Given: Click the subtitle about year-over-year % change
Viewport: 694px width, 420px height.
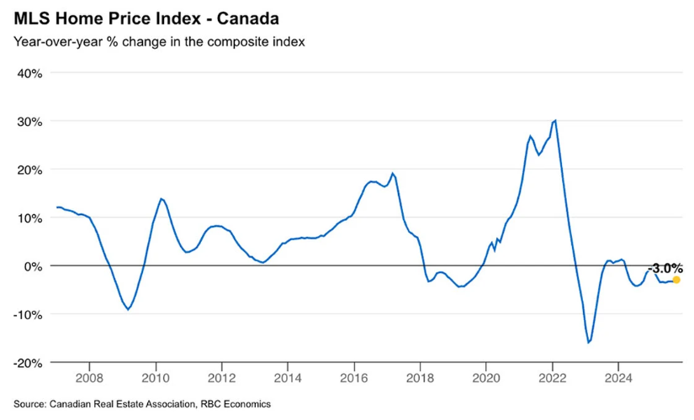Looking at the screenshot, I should coord(157,41).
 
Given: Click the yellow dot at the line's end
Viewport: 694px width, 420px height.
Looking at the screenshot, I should coord(676,280).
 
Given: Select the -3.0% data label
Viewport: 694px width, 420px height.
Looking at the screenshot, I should coord(665,268).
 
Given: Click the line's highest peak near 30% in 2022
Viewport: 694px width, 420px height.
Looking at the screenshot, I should coord(555,120).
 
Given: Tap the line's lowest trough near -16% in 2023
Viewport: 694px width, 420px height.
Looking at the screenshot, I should coord(589,343).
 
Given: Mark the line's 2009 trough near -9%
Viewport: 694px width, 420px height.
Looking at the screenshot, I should coord(128,309).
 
